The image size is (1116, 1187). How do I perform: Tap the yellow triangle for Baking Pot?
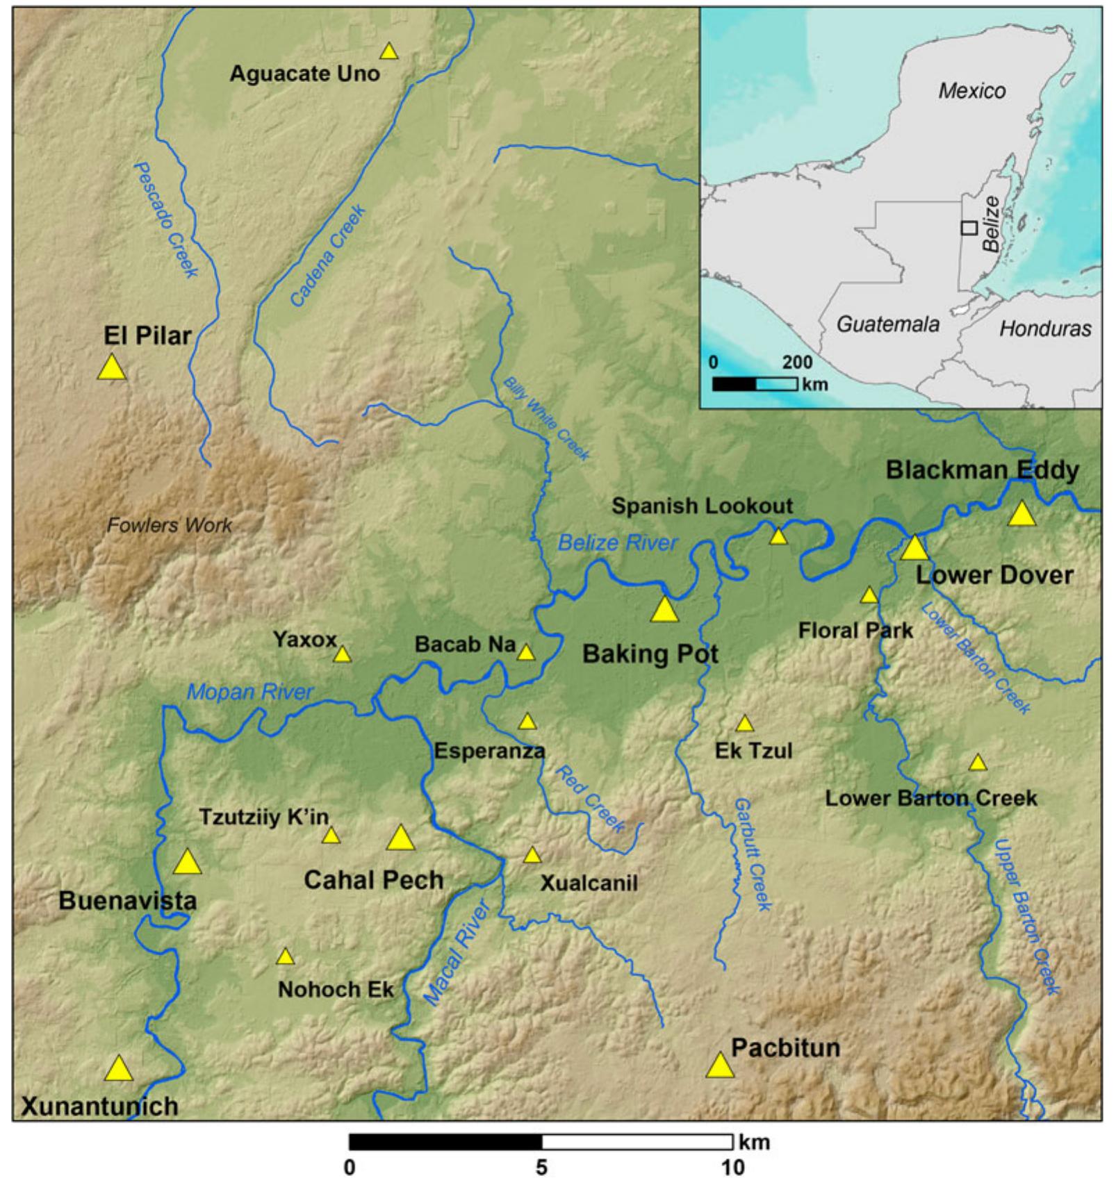coord(664,611)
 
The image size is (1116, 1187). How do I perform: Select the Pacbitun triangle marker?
coord(720,1066)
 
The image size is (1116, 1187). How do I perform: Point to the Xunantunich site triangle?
coord(119,1070)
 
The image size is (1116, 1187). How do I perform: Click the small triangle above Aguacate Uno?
coord(388,51)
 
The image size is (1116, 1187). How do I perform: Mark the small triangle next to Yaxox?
coord(342,654)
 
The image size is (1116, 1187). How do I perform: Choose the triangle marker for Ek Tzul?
coord(744,724)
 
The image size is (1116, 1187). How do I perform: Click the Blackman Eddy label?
coord(982,470)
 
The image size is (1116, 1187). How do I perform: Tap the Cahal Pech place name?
coord(373,880)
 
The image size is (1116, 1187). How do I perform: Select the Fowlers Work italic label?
coord(169,525)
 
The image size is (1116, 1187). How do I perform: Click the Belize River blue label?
coord(617,542)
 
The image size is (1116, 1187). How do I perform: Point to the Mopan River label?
coord(250,692)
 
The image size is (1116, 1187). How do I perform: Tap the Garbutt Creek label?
coord(752,854)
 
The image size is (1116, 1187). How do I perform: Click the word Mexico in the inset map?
coord(971,91)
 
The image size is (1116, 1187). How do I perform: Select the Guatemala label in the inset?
coord(887,324)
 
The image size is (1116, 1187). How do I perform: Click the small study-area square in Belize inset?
coord(969,227)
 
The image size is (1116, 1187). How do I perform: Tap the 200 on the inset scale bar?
coord(796,362)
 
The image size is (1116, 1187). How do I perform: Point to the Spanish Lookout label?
coord(702,506)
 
